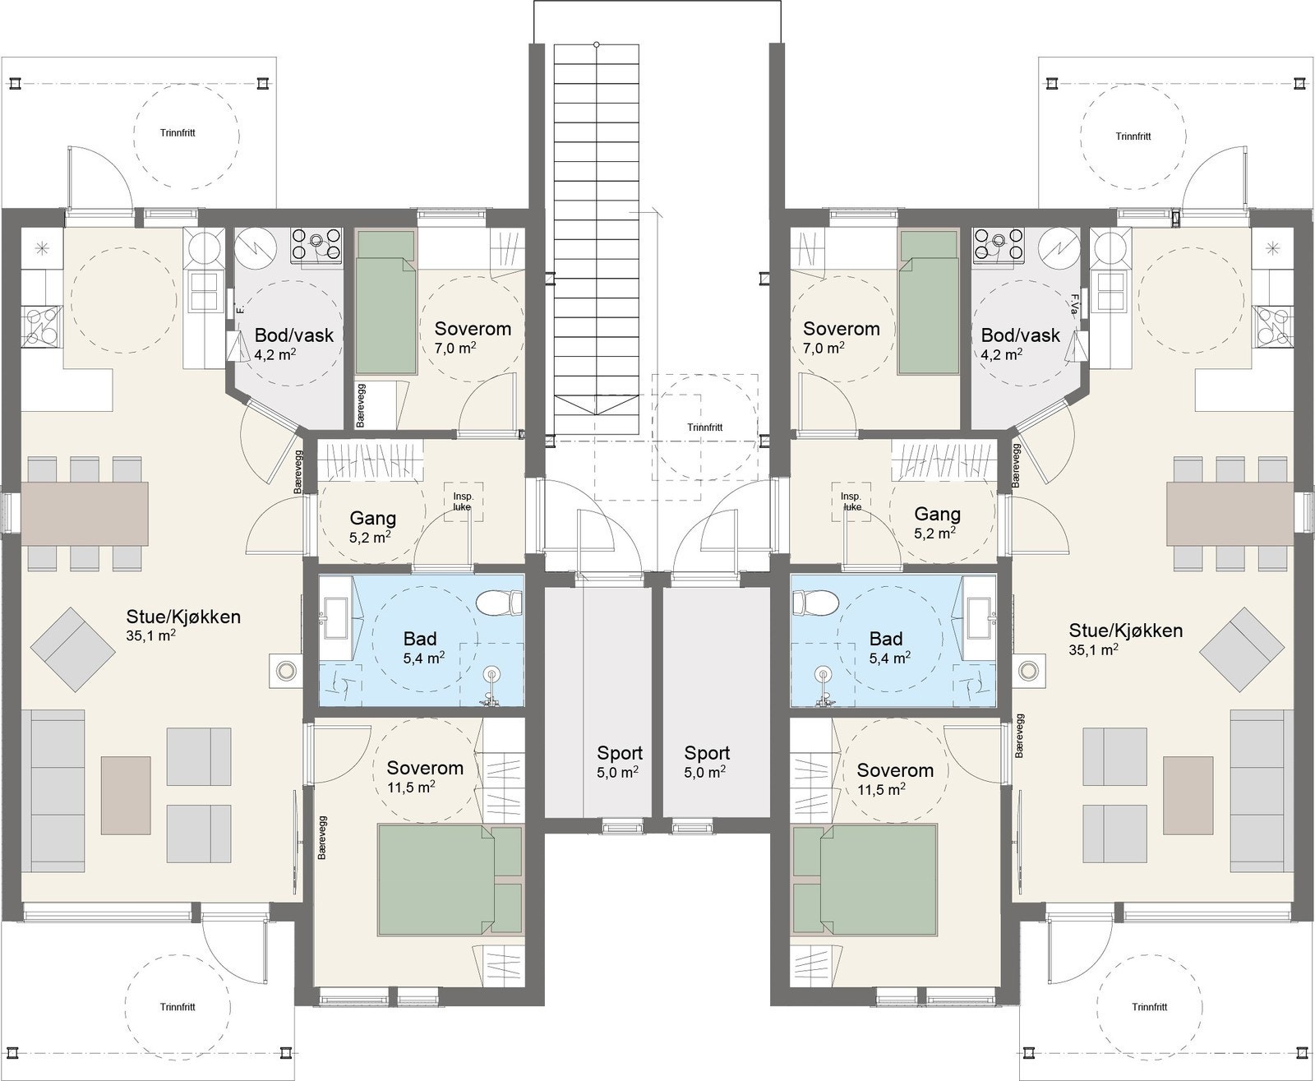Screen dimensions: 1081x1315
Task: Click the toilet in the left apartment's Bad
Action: point(498,604)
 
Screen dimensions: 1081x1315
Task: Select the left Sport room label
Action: point(620,753)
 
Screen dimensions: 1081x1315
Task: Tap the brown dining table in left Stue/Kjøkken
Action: point(84,513)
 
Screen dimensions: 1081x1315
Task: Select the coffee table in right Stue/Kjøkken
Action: point(1188,792)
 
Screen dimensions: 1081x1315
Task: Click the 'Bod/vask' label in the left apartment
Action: point(293,335)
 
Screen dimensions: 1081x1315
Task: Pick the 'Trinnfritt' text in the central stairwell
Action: point(705,427)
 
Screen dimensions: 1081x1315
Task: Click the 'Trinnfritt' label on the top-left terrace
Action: point(178,132)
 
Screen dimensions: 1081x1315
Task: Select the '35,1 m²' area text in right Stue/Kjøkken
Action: point(1092,649)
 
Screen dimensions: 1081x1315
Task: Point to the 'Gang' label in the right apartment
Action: point(937,515)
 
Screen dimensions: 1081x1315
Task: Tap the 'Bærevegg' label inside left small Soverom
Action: point(362,404)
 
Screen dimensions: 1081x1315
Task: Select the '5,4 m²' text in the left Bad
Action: point(424,658)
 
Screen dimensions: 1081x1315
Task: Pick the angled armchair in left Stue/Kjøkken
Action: point(72,649)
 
